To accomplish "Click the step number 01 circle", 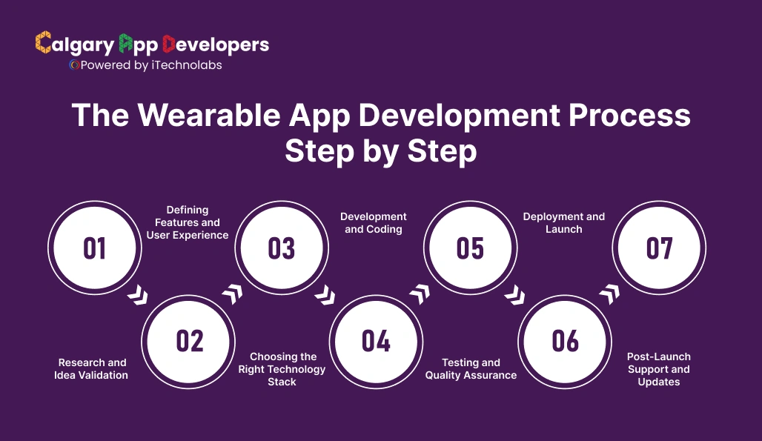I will (94, 248).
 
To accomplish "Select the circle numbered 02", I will (189, 341).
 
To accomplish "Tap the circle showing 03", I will (282, 248).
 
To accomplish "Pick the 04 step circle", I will (376, 341).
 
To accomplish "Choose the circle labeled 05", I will (470, 248).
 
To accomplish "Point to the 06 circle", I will (565, 341).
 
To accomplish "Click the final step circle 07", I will (659, 248).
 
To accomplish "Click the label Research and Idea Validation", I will (91, 369).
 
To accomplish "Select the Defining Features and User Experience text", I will (188, 222).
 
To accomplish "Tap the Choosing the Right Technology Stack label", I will (282, 369).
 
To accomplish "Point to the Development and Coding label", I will (374, 223).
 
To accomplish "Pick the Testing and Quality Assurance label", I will (471, 369).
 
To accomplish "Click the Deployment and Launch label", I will (564, 223).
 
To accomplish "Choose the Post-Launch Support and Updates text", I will (658, 369).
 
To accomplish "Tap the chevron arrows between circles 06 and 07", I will (609, 295).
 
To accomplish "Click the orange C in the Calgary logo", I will (43, 44).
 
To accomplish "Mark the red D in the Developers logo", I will (168, 44).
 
